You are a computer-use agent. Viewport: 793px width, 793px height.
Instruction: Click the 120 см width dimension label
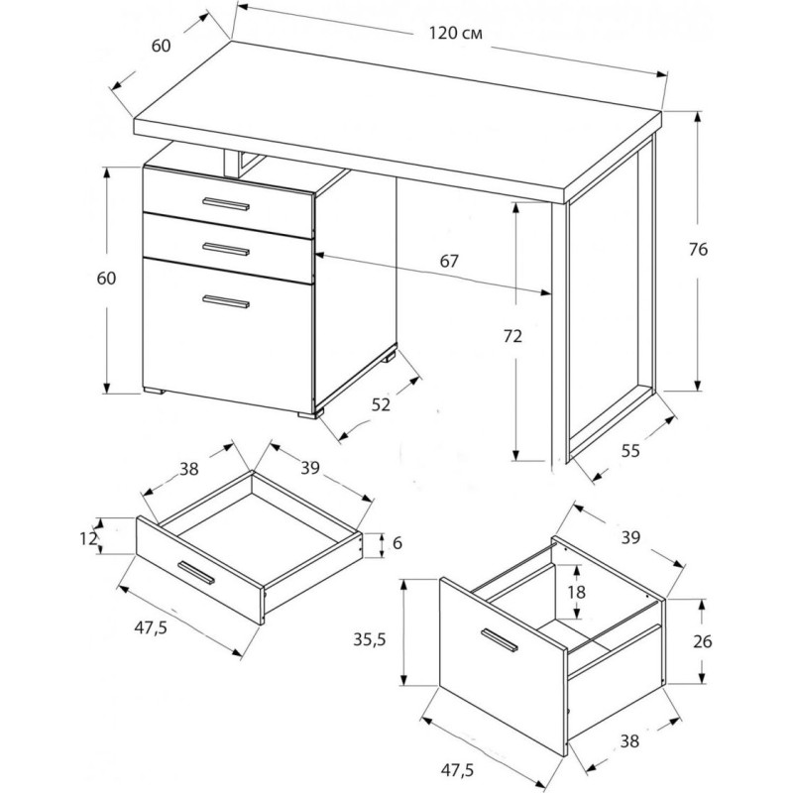(455, 34)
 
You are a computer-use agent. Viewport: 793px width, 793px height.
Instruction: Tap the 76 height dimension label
(698, 250)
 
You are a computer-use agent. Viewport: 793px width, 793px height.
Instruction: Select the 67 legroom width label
(449, 261)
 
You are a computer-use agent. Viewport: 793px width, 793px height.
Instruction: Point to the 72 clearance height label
(512, 336)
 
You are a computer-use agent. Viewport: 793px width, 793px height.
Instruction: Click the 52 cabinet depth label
(381, 404)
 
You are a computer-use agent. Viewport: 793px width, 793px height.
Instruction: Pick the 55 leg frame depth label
(630, 450)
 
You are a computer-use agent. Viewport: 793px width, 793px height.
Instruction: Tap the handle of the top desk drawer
(226, 203)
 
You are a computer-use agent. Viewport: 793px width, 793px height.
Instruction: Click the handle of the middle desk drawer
(226, 249)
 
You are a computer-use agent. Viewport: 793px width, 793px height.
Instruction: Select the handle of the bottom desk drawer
(226, 301)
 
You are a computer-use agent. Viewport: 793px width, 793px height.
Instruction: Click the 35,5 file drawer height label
(369, 639)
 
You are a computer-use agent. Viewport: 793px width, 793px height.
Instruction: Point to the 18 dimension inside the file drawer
(576, 592)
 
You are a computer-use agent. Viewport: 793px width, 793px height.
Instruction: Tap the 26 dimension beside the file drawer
(703, 641)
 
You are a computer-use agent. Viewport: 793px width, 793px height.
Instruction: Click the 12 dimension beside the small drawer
(88, 538)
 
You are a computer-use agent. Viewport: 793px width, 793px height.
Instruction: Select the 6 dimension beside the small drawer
(397, 543)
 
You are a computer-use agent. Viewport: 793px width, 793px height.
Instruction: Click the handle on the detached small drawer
(196, 573)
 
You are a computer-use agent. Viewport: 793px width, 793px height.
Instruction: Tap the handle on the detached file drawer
(500, 639)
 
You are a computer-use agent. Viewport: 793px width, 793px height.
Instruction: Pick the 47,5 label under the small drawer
(151, 627)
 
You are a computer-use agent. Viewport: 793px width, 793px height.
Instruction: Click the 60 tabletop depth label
(161, 46)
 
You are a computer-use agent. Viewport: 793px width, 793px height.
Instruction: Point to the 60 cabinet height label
(106, 279)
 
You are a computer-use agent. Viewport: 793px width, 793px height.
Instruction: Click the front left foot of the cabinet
(154, 391)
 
